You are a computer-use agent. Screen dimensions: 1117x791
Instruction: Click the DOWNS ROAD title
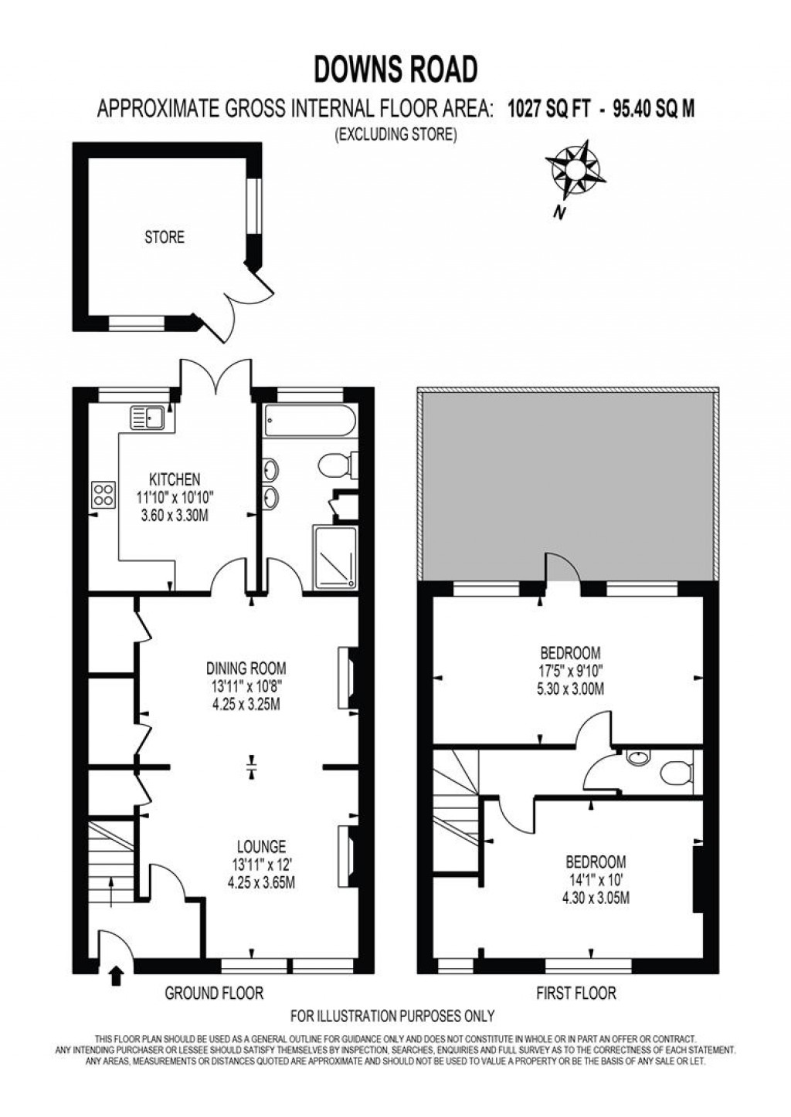pos(395,69)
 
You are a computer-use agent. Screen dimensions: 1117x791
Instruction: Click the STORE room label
pos(165,237)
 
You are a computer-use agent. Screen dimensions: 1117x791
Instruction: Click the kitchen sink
pos(148,417)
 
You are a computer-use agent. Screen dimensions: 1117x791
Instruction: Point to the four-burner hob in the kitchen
pos(104,494)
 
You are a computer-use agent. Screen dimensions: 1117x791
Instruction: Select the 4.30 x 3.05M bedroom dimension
pos(594,898)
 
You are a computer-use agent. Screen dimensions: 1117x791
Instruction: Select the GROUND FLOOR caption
pos(214,993)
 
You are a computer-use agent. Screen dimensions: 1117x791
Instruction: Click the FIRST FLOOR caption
pos(576,993)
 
